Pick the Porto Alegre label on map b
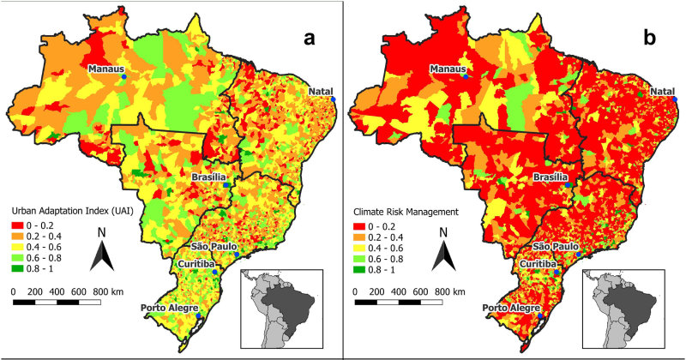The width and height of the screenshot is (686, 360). [512, 308]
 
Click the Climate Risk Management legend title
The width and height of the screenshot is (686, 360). [407, 211]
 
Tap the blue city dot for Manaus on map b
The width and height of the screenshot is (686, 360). [466, 76]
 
